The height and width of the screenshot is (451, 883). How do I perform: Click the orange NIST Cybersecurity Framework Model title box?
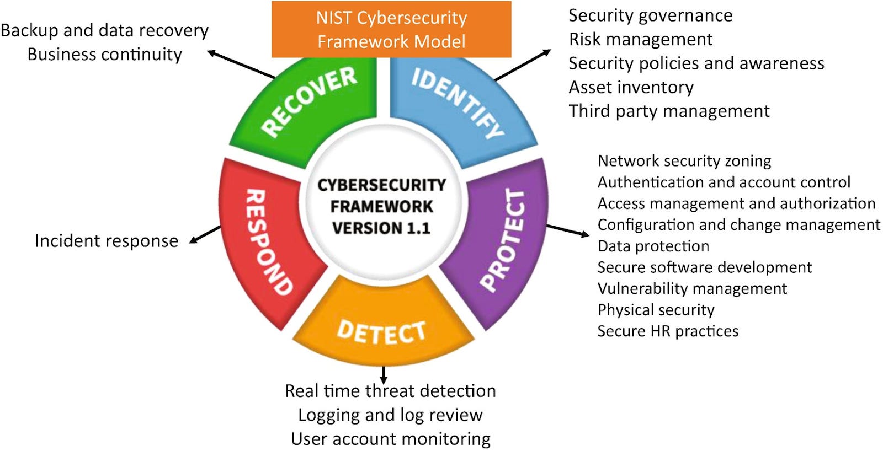(x=391, y=29)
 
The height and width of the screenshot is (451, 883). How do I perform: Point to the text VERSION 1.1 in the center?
(x=381, y=228)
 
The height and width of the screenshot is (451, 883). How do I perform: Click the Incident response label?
(x=107, y=241)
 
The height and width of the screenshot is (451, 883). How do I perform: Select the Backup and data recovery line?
(x=105, y=30)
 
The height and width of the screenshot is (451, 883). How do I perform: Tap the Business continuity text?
(x=105, y=55)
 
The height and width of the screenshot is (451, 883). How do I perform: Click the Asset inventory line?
(x=631, y=87)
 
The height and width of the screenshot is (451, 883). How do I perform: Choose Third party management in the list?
(x=669, y=111)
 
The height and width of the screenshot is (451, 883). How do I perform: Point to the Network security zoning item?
(x=684, y=160)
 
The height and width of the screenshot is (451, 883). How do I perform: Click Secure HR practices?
(x=668, y=331)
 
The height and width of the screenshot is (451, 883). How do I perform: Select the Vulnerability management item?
(x=692, y=288)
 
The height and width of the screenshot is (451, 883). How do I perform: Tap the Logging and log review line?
(x=390, y=415)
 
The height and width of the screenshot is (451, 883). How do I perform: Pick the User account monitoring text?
(x=391, y=439)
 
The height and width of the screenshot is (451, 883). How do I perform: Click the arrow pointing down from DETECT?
(x=384, y=375)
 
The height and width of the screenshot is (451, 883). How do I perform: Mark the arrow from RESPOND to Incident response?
(x=205, y=234)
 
